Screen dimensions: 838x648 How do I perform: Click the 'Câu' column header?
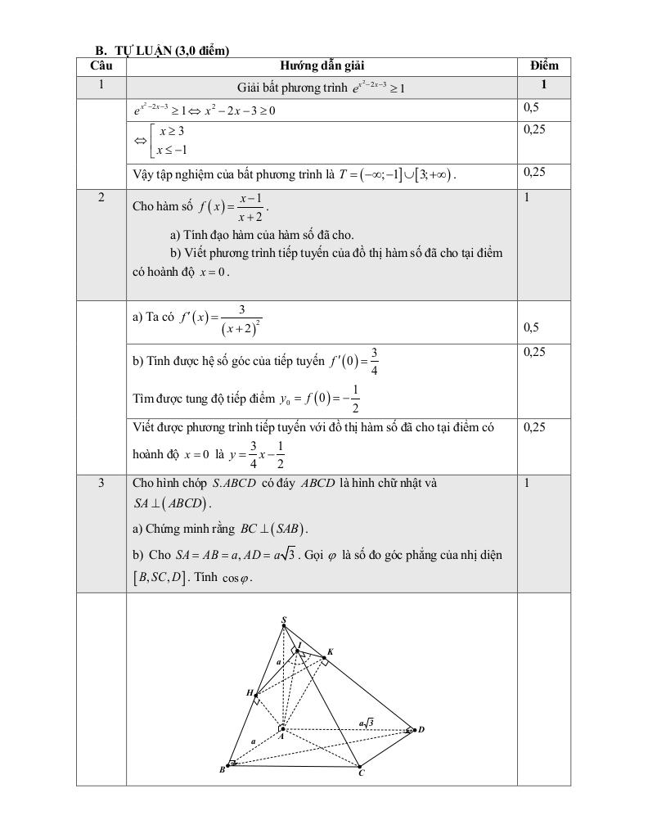point(101,65)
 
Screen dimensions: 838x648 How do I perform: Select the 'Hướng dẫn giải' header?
point(322,65)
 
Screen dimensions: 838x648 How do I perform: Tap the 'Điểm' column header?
point(543,65)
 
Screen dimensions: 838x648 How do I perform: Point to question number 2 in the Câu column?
point(101,196)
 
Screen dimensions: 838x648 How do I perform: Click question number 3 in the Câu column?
point(101,483)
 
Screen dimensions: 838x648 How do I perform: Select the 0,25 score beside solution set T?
point(534,172)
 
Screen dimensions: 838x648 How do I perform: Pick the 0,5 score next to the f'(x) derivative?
point(531,327)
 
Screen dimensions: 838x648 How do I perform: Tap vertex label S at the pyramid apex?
point(284,619)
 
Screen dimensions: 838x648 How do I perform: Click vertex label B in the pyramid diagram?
point(222,769)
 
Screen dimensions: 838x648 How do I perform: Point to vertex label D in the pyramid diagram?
point(421,729)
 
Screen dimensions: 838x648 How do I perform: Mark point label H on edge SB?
point(250,693)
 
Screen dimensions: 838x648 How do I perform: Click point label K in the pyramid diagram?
point(330,652)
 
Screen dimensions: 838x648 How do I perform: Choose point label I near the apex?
point(299,645)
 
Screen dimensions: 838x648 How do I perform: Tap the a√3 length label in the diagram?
point(367,722)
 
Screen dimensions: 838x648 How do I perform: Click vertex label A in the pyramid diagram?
point(281,736)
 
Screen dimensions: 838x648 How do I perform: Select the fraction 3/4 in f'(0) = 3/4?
point(374,360)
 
